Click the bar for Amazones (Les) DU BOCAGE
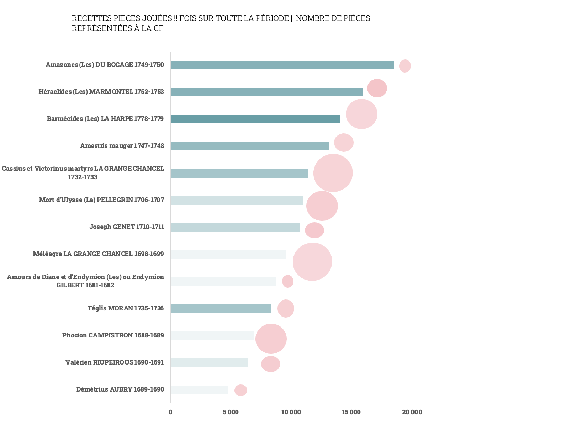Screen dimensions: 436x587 coord(282,65)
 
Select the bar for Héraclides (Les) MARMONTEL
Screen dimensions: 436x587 coord(266,92)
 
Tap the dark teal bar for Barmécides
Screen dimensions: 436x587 coord(255,119)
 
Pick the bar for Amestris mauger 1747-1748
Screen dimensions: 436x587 coord(249,146)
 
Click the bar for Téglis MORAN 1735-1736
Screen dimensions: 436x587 coord(221,309)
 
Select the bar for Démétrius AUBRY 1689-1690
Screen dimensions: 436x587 coord(199,390)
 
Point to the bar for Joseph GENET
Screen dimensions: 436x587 coord(235,228)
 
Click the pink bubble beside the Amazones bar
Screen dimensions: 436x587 coord(405,66)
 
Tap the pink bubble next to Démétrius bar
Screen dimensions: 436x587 coord(240,390)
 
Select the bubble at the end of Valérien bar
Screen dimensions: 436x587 coord(271,364)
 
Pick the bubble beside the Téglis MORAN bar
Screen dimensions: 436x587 coord(286,308)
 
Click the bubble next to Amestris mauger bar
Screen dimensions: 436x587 coord(344,143)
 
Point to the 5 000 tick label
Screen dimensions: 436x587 coord(231,412)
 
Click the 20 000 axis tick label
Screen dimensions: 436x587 coord(412,412)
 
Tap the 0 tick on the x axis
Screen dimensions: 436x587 coord(170,412)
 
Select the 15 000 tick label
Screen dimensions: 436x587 coord(351,412)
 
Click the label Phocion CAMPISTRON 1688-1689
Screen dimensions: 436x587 coord(113,335)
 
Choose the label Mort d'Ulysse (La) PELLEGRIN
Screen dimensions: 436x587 coord(101,200)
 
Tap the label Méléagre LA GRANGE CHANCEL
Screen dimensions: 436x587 coord(98,254)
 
